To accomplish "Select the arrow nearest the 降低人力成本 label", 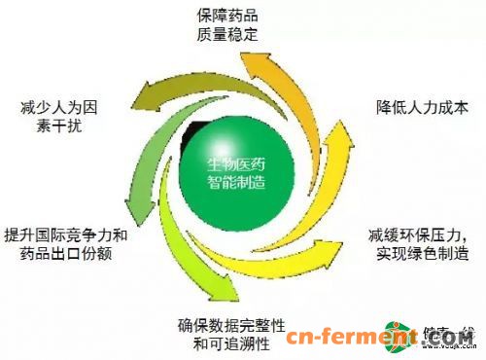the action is click(335, 107).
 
